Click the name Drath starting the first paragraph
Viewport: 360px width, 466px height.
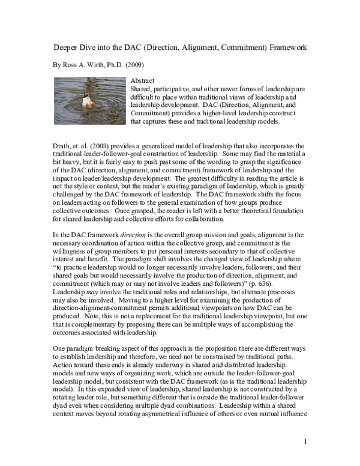(x=57, y=146)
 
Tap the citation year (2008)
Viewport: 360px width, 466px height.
(x=104, y=146)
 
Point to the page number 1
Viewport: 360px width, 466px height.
(x=305, y=443)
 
